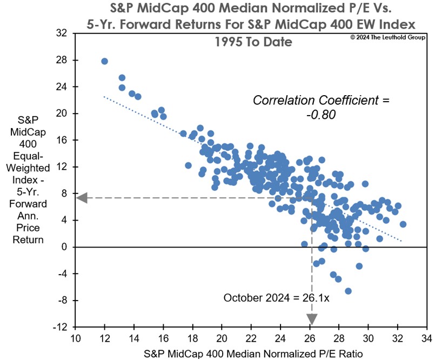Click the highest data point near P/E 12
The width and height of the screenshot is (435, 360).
(x=105, y=62)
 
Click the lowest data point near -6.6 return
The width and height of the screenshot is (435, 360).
(x=348, y=291)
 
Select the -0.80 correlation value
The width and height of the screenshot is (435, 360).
(x=321, y=115)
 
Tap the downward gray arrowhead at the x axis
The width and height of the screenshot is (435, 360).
(x=312, y=319)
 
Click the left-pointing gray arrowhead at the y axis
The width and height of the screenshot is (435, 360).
(x=82, y=197)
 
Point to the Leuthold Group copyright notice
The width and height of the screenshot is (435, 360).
(x=389, y=37)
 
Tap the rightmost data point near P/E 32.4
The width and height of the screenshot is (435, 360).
(x=403, y=224)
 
